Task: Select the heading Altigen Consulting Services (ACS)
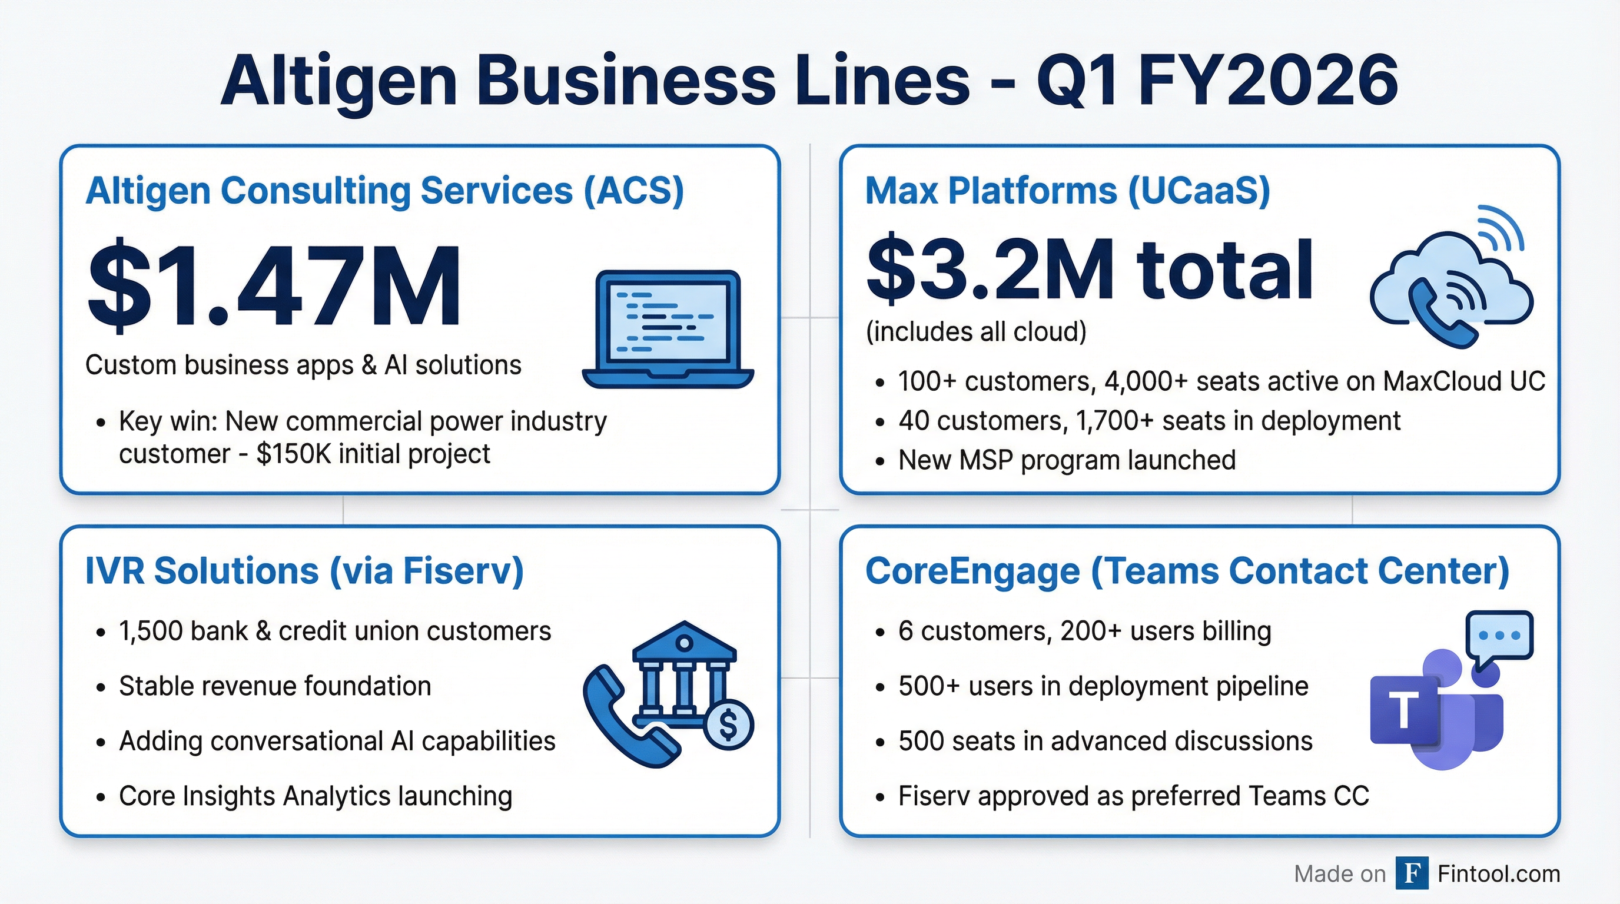[384, 191]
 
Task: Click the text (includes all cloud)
[976, 332]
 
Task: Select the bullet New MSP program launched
[1067, 460]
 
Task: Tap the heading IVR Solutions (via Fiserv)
[304, 571]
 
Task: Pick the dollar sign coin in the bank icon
[728, 726]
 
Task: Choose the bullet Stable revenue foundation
[275, 686]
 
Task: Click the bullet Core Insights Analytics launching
[315, 796]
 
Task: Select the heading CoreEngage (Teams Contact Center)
[1187, 571]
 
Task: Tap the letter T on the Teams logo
[1403, 710]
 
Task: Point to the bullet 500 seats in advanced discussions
[1105, 741]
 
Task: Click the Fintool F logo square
[1412, 873]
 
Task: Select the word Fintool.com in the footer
[1499, 874]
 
